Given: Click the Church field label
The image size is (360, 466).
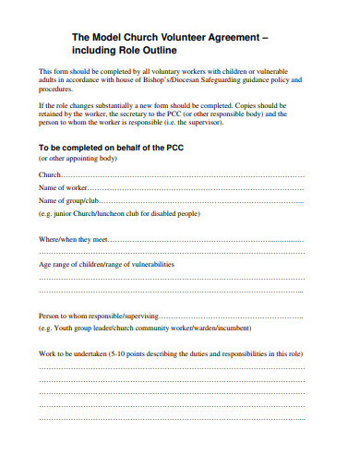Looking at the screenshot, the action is (49, 173).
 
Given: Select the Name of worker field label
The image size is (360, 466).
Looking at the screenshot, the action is (66, 186).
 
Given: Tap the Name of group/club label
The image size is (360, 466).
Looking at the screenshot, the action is (68, 200).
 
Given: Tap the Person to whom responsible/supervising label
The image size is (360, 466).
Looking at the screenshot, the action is (99, 315).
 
